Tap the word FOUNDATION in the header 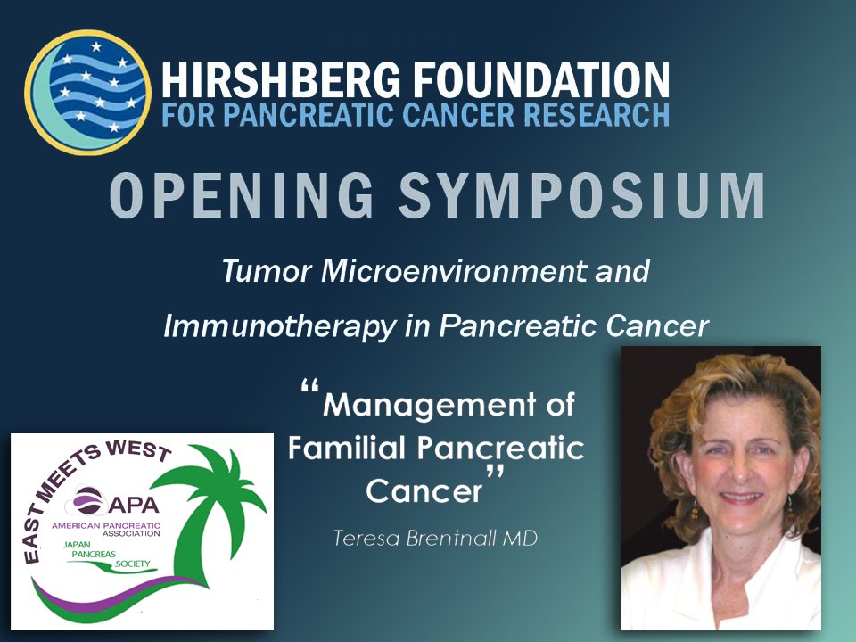535,80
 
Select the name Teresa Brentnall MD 434,539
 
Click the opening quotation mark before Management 309,391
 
